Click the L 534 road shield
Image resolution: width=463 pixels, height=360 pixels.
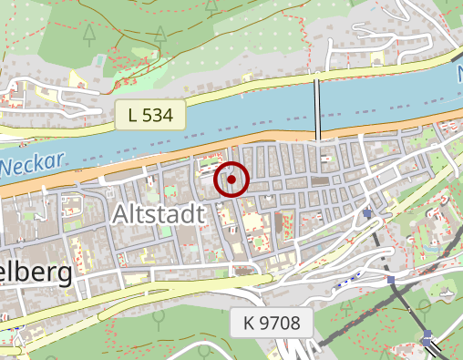point(150,115)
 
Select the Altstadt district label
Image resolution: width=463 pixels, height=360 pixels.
point(159,215)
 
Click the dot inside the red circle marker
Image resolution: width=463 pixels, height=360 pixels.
point(232,180)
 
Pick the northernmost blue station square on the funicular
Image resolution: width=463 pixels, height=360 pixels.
point(367,214)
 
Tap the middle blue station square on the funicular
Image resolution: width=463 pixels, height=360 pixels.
point(391,281)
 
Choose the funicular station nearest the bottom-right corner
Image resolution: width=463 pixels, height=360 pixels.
point(427,339)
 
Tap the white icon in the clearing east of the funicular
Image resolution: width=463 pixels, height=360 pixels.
point(447,294)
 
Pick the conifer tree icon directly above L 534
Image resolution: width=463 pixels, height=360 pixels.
point(160,36)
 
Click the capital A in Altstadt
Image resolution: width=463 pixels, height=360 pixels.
point(123,215)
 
